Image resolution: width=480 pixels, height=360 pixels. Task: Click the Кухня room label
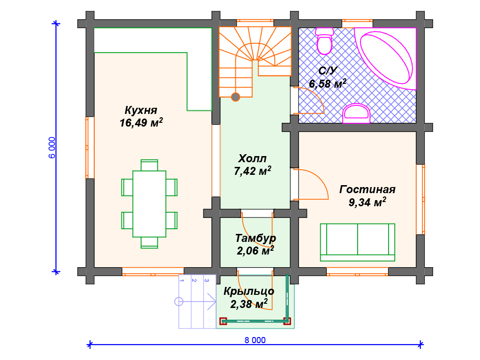[141, 110]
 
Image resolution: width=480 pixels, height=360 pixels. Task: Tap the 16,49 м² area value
[141, 122]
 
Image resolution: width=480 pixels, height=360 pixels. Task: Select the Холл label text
[252, 158]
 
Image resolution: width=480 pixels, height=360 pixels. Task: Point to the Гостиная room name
[367, 189]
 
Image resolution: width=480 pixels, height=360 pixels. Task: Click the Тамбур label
[255, 238]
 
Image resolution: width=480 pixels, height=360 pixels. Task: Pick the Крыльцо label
[248, 291]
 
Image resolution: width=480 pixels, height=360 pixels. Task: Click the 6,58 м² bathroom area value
[328, 83]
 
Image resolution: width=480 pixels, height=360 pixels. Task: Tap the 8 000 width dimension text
[255, 340]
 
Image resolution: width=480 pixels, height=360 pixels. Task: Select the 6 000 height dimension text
[52, 148]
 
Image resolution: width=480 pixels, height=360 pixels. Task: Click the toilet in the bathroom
[324, 41]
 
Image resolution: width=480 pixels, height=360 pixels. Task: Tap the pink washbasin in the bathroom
[356, 113]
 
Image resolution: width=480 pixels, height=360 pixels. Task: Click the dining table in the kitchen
[150, 204]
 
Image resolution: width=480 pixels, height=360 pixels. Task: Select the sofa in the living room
[358, 242]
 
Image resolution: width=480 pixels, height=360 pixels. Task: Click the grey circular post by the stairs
[235, 97]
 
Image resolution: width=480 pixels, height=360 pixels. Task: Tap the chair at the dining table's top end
[150, 165]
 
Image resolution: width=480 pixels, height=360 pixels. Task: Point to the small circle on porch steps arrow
[179, 302]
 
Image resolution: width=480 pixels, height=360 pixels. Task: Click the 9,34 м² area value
[367, 202]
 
